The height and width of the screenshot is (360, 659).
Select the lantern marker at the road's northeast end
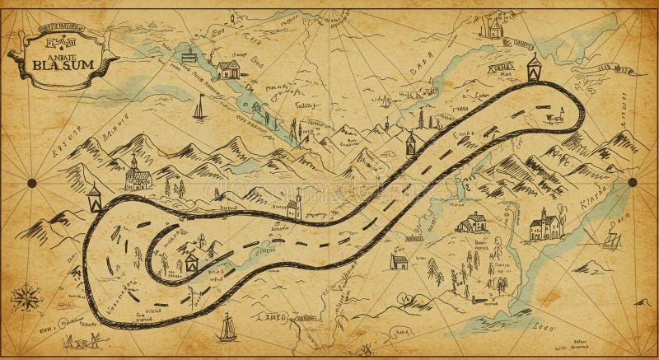point(534,68)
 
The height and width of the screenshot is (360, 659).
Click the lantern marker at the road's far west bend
point(95,198)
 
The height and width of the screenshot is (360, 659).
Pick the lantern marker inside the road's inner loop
point(191,262)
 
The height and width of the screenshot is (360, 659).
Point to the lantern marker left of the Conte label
point(409,143)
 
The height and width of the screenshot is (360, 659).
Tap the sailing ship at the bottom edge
point(227,328)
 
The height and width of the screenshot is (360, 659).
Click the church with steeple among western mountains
point(136,174)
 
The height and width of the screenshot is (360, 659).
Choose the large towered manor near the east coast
point(545,224)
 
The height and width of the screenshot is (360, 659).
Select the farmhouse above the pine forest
point(472,222)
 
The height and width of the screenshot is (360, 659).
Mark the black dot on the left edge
point(31,182)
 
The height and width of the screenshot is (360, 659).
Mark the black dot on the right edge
point(633,182)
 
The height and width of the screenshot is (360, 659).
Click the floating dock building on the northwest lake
point(189,58)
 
